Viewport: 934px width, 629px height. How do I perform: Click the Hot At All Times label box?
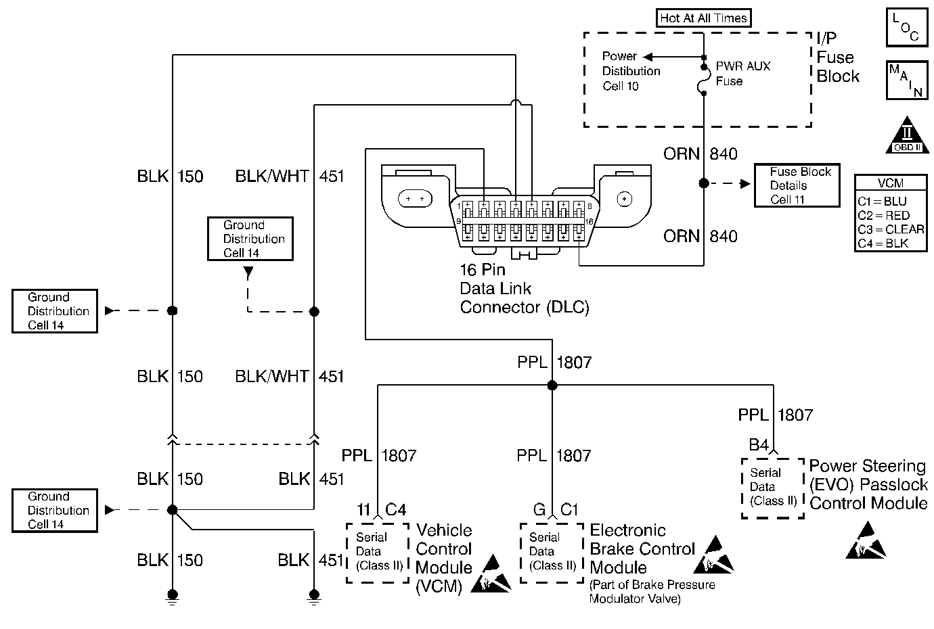(704, 18)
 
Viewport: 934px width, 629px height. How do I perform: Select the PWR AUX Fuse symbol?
(704, 74)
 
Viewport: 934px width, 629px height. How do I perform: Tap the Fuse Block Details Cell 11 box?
(797, 185)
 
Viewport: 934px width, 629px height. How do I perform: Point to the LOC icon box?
(906, 28)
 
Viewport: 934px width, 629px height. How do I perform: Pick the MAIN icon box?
(906, 80)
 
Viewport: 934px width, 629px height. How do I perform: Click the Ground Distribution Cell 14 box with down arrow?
(250, 239)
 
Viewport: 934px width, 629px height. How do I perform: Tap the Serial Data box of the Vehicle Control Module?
(378, 552)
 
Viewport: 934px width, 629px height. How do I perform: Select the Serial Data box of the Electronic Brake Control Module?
(552, 552)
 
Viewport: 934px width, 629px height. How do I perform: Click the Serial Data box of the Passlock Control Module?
(773, 488)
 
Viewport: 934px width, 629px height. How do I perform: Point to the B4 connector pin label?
(759, 445)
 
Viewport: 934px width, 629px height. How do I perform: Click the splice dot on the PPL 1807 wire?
(552, 386)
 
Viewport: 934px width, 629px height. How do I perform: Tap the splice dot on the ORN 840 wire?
(704, 183)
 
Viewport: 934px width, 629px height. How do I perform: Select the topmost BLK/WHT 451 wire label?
(290, 177)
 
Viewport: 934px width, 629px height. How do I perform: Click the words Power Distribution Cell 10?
(631, 71)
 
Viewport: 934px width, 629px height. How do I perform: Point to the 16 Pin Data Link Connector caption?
(524, 289)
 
